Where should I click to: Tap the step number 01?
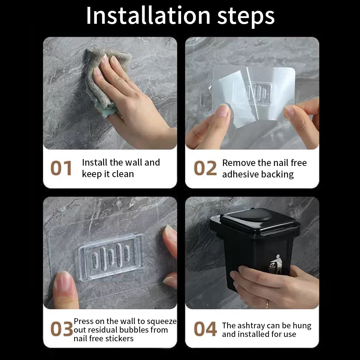click(61, 168)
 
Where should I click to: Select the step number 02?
click(205, 168)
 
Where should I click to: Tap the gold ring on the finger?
click(267, 304)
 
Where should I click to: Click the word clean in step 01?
click(123, 174)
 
